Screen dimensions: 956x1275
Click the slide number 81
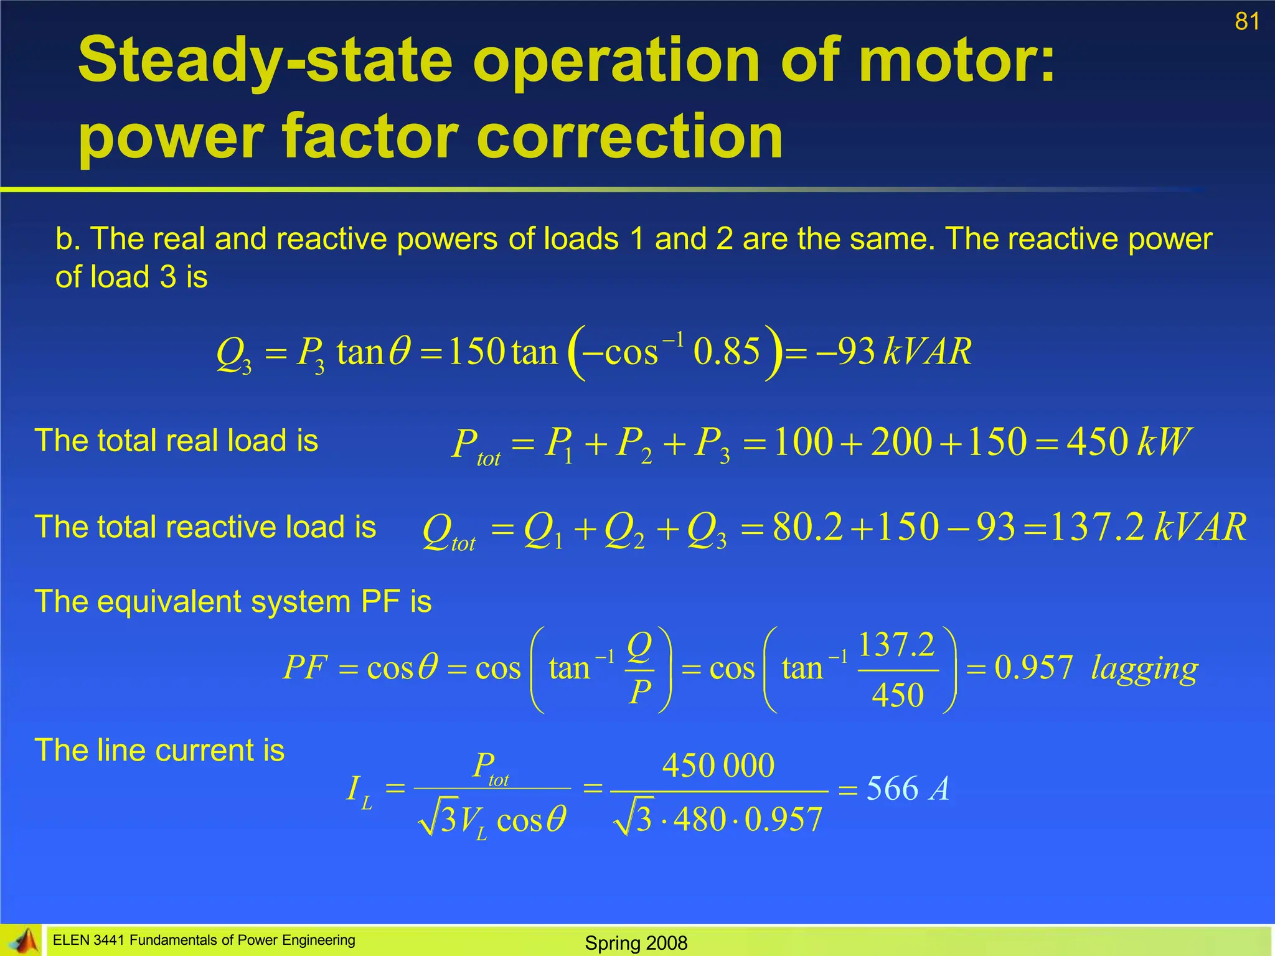click(1247, 22)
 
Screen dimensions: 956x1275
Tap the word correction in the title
click(629, 137)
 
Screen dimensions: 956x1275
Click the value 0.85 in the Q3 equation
click(727, 352)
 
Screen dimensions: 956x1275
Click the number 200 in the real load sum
click(901, 442)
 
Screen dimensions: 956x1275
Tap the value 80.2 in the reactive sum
click(807, 528)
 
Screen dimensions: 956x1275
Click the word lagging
click(1144, 668)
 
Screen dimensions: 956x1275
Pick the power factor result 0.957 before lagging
click(1033, 667)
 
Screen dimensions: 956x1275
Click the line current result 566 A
click(907, 789)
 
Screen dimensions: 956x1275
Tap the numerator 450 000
click(718, 766)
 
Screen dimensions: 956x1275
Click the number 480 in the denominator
click(700, 819)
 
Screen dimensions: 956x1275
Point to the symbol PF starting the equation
click(305, 668)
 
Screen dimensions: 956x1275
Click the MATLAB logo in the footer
click(21, 940)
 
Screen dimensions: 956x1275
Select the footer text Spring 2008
click(636, 943)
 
